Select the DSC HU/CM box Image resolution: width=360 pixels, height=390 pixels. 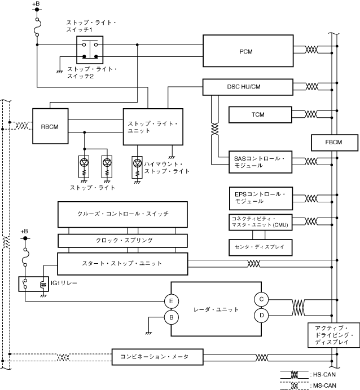click(x=247, y=86)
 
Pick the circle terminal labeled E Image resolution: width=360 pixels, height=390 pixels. click(x=171, y=299)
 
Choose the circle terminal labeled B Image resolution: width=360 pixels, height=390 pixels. click(x=171, y=318)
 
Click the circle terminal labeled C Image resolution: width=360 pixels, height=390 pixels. click(x=262, y=299)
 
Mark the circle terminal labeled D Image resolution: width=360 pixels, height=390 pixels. click(x=262, y=316)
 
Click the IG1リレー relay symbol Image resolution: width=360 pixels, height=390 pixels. click(x=34, y=285)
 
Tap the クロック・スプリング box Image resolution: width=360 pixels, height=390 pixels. click(x=122, y=240)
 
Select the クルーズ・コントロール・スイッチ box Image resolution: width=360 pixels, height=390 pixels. click(x=122, y=214)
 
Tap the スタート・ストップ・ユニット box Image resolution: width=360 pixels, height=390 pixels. click(x=122, y=263)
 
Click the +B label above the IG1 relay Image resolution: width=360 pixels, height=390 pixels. click(x=24, y=232)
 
